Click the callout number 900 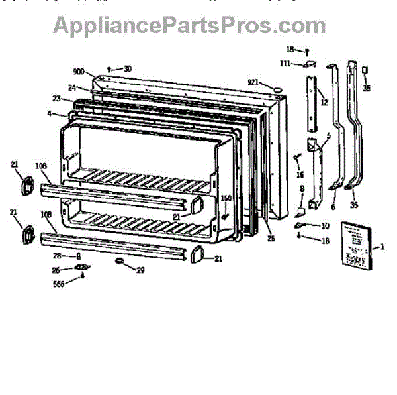coord(79,72)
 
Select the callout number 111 coord(285,63)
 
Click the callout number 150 coord(226,198)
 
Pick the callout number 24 coord(71,87)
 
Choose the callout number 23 coord(58,99)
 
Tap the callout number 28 coord(58,255)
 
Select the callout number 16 coord(300,174)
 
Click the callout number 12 coord(324,103)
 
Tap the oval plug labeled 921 coord(276,87)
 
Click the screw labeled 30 coord(109,69)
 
